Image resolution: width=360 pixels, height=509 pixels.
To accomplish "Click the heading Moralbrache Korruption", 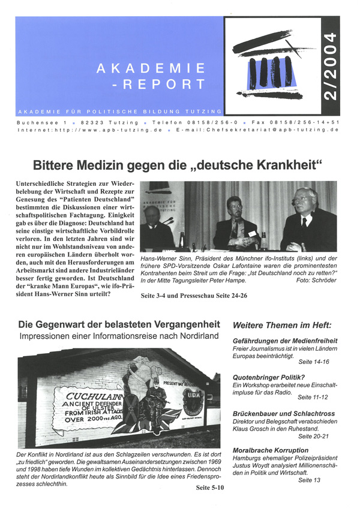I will (x=271, y=450).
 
